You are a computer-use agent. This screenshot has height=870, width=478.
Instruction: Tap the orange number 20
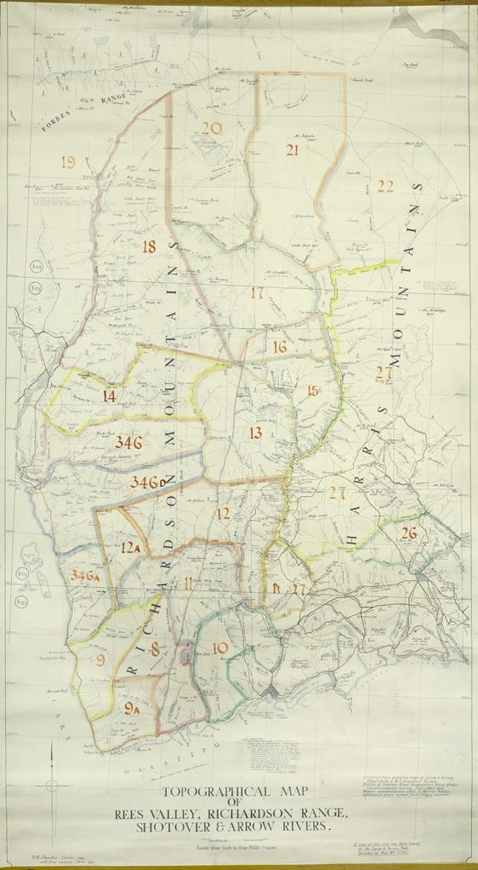click(x=211, y=129)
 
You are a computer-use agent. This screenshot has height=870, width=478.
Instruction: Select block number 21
click(x=292, y=150)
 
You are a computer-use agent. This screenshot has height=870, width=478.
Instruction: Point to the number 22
click(x=385, y=186)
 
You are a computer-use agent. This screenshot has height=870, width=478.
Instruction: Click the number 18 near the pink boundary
click(x=149, y=247)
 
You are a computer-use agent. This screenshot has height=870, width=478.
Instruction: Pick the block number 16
click(x=280, y=347)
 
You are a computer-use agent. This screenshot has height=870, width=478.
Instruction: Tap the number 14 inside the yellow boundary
click(x=109, y=396)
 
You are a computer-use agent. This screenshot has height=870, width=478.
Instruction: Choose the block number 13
click(x=255, y=433)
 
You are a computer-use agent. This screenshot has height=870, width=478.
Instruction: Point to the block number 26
click(x=409, y=534)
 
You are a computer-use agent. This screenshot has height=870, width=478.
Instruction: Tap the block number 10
click(x=219, y=648)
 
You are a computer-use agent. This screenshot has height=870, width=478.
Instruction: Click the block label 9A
click(x=132, y=707)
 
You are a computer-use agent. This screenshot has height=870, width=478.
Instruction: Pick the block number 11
click(x=187, y=583)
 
